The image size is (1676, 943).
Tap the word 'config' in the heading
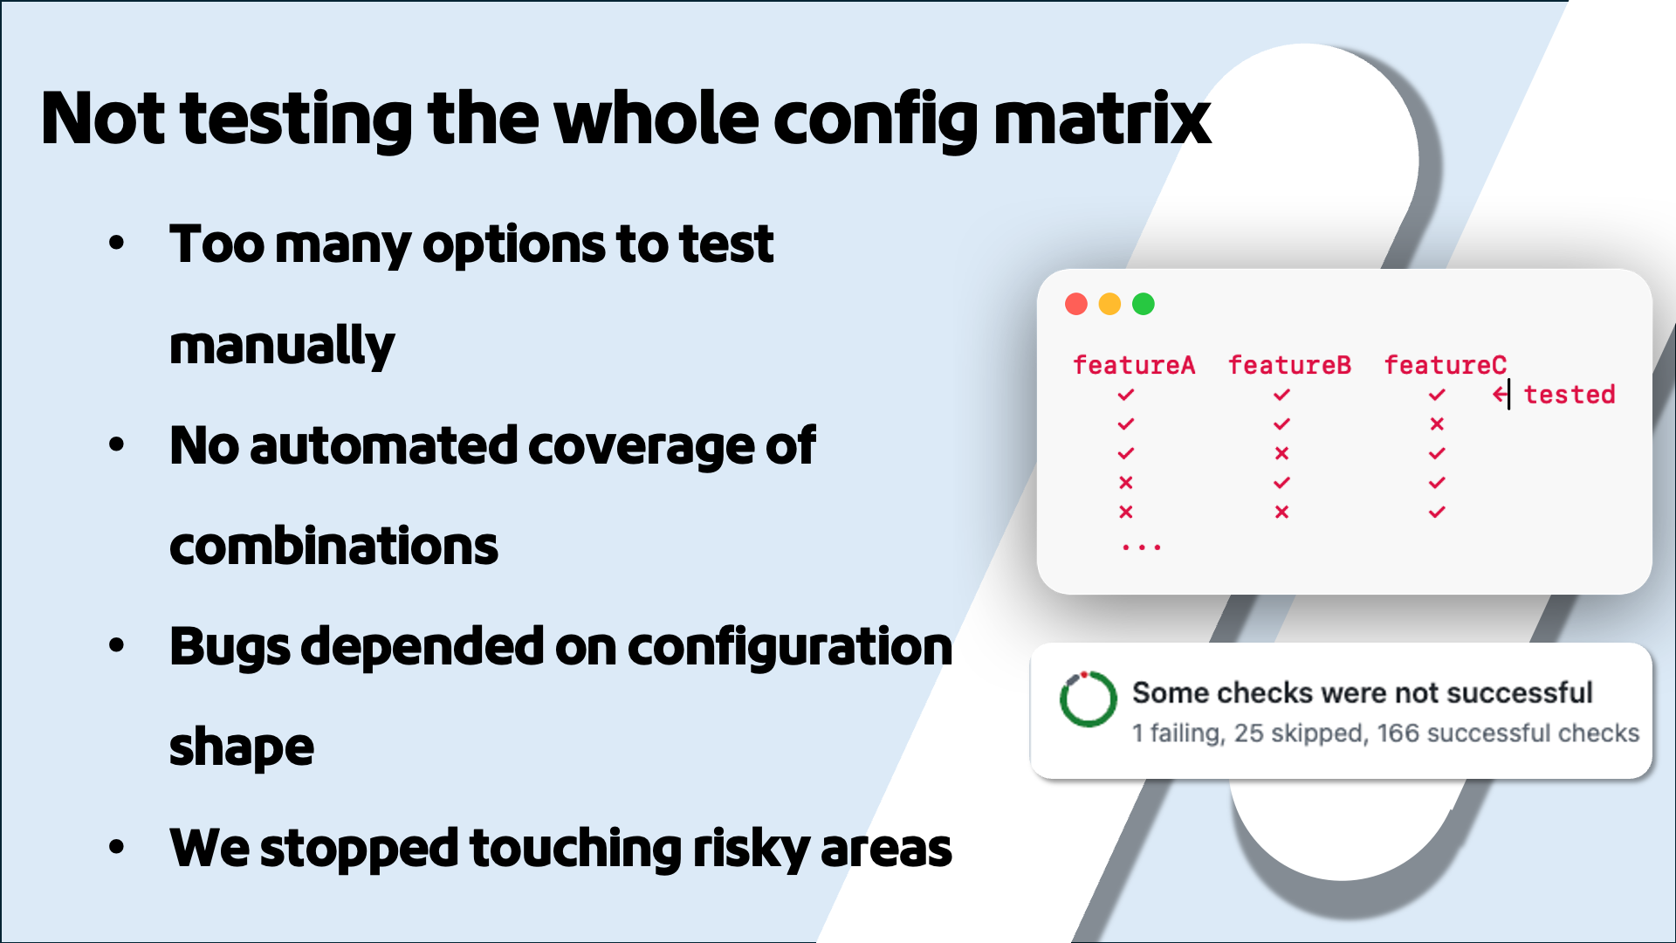pos(876,120)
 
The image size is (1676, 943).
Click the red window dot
pos(1075,304)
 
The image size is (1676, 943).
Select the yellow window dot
pos(1109,304)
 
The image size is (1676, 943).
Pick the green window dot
pos(1144,304)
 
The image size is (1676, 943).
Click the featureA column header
pos(1133,365)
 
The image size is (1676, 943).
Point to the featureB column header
pos(1289,365)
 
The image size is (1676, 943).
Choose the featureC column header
pos(1445,365)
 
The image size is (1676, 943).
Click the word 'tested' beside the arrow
pos(1569,395)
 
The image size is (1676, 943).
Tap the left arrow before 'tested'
pos(1499,395)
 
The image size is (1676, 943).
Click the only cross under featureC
pos(1437,424)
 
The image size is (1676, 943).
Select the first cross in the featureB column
pos(1281,453)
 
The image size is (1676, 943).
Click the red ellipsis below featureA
pos(1141,547)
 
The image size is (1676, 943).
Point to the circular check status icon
pos(1088,699)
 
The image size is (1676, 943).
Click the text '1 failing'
pos(1178,733)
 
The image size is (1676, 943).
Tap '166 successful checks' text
pos(1508,733)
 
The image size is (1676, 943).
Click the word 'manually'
pos(281,346)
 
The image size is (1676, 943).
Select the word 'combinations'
pos(333,547)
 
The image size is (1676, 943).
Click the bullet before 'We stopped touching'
pos(117,847)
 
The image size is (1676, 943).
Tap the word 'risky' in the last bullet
pos(751,849)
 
